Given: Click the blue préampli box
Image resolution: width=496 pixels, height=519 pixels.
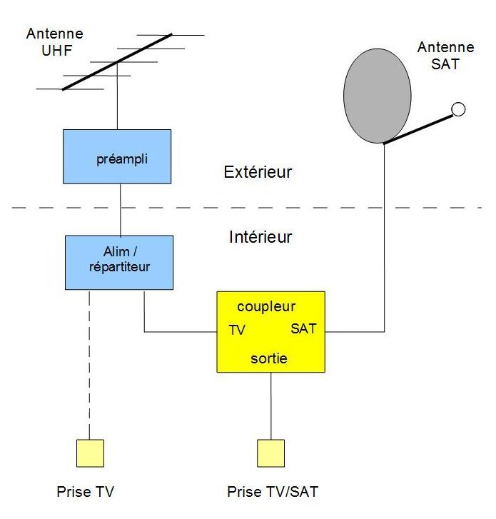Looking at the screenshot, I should (x=117, y=156).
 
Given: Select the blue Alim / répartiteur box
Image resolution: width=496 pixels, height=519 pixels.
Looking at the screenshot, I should (x=119, y=262).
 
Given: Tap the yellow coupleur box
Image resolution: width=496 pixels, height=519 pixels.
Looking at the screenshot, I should (x=270, y=332).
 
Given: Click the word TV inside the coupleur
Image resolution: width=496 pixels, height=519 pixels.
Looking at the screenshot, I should (x=237, y=331).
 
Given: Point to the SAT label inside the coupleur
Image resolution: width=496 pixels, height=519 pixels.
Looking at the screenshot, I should (x=304, y=329).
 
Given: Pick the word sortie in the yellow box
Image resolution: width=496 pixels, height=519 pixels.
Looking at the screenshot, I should (x=269, y=358).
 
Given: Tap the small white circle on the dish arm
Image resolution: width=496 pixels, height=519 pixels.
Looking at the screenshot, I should (x=459, y=109).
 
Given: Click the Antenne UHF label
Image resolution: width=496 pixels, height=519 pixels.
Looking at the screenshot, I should (x=54, y=41).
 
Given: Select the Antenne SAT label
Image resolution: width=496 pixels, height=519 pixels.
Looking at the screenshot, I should (x=445, y=55).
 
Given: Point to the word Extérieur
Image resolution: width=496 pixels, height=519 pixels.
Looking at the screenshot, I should (x=258, y=172).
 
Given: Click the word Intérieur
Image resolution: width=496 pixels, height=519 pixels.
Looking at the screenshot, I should (x=260, y=237).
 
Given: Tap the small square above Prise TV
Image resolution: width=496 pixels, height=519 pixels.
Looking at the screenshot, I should (x=90, y=453).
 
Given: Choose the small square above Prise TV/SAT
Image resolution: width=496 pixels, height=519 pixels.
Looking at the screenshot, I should (x=270, y=453).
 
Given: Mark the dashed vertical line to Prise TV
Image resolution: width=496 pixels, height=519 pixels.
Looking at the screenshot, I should (x=90, y=364).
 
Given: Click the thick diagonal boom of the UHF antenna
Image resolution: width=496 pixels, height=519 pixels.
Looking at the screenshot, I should (x=117, y=62).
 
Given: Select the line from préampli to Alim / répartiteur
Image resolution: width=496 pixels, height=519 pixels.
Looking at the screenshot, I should (x=120, y=209).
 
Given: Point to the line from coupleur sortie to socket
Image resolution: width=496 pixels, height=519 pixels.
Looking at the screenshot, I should (x=270, y=405).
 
